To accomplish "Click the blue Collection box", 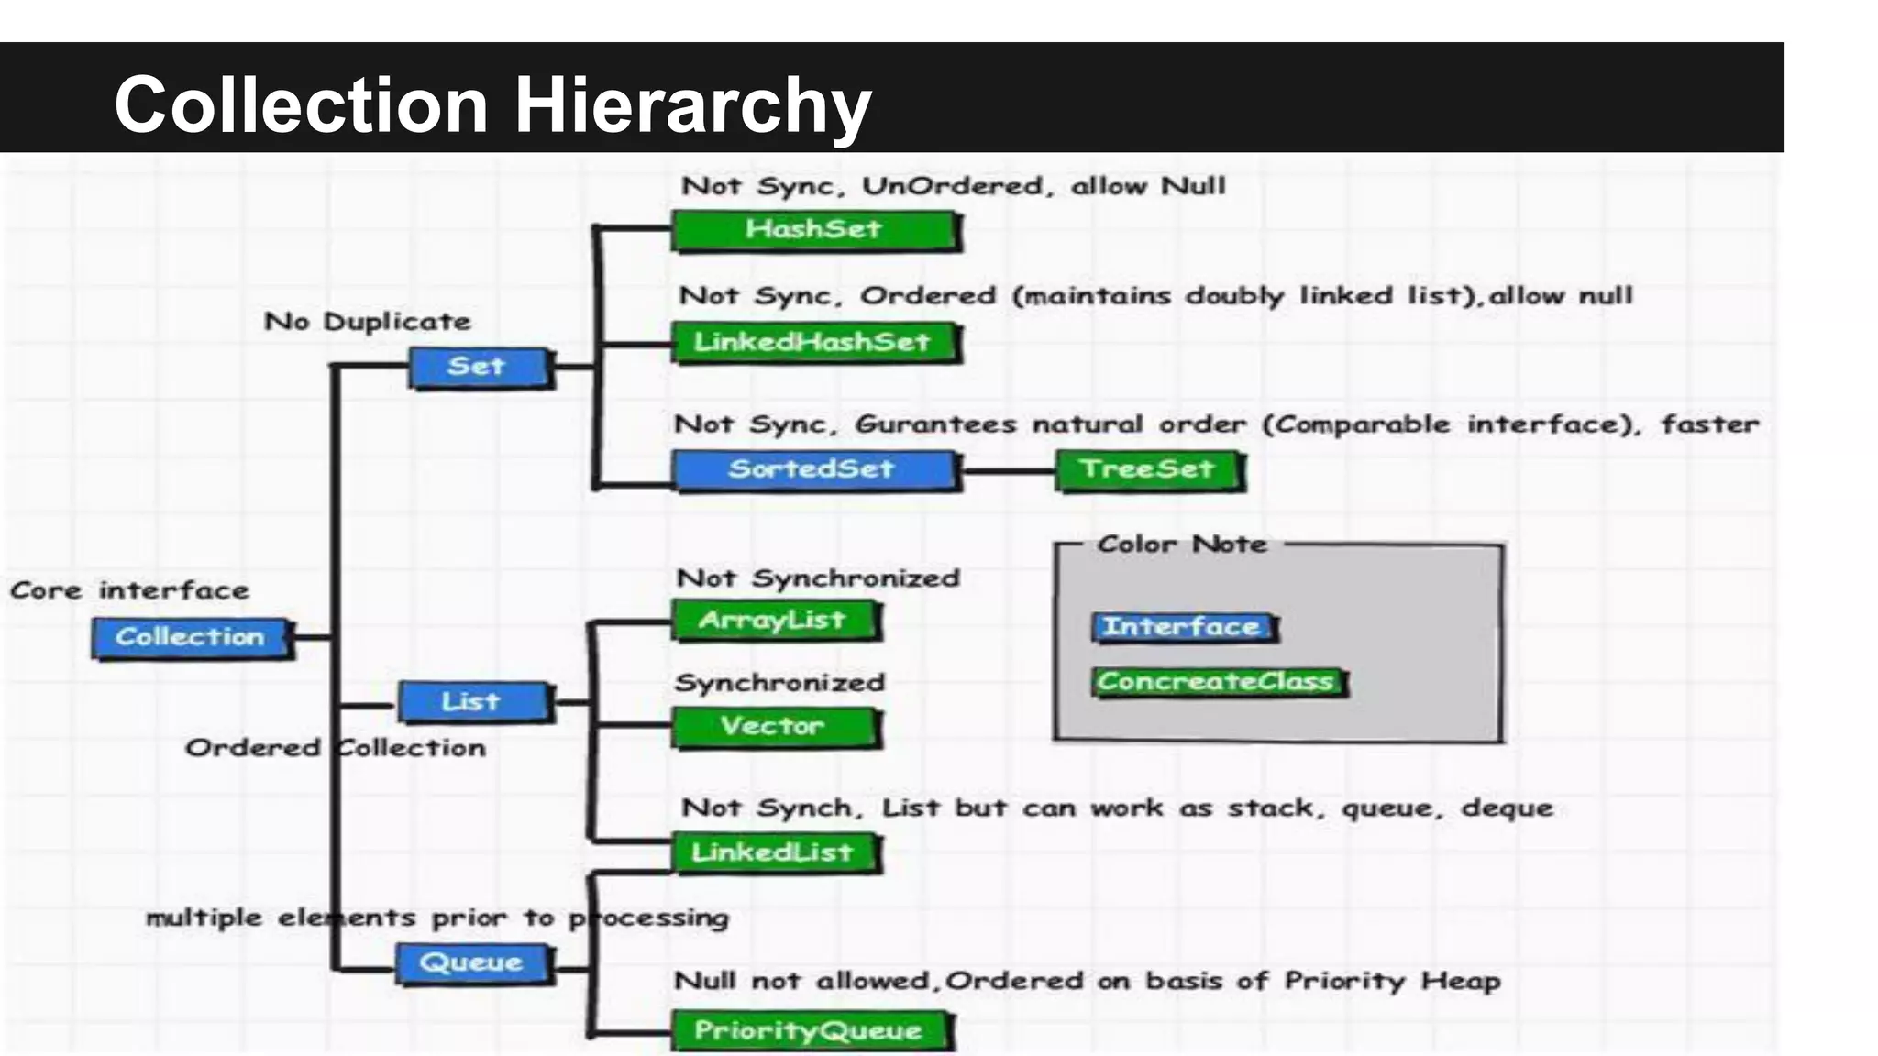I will [191, 637].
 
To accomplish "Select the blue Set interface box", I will [479, 367].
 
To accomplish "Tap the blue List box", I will [473, 702].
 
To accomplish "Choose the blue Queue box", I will [473, 963].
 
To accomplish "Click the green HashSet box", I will [813, 229].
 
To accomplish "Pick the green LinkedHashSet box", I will [813, 342].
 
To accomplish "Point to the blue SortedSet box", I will [813, 469].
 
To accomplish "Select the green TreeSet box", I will [1148, 469].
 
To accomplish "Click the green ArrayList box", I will [774, 621].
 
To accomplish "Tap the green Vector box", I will [774, 727].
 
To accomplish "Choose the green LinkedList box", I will [774, 852].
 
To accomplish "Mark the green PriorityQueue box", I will [810, 1031].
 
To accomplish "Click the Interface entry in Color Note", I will [1183, 627].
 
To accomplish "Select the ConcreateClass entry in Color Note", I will [1218, 682].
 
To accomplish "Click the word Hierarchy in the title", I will [692, 105].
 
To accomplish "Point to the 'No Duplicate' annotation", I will [367, 322].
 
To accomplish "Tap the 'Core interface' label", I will [129, 590].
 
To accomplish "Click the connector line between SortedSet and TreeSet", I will [1007, 471].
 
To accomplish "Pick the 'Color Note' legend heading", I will [1182, 544].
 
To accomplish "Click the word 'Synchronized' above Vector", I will [779, 683].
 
